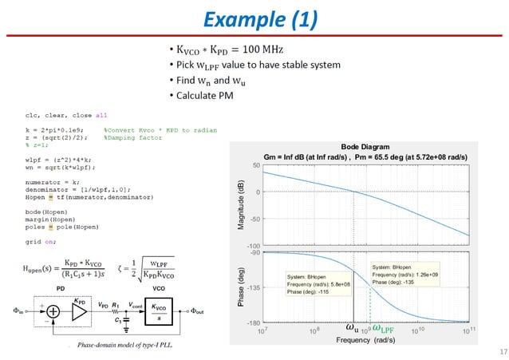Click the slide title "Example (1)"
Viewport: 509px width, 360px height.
pos(254,19)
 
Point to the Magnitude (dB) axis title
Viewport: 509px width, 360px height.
pos(240,205)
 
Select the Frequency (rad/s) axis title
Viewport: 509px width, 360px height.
pos(366,339)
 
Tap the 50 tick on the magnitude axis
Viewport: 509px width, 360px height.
pos(255,165)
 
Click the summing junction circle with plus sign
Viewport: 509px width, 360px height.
pos(53,312)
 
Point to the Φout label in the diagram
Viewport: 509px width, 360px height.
pos(199,311)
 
